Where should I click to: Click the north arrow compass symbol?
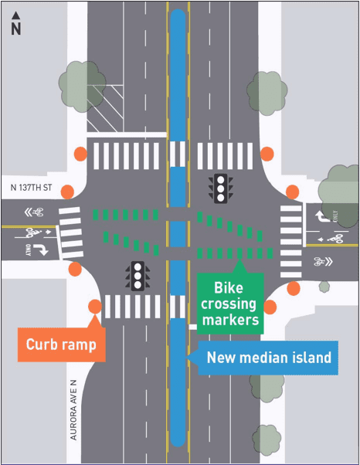click(15, 24)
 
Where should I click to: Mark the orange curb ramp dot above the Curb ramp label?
click(94, 307)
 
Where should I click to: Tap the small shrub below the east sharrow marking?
click(324, 287)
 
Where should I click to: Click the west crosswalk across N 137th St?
click(71, 232)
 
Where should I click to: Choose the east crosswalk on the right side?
click(291, 229)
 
